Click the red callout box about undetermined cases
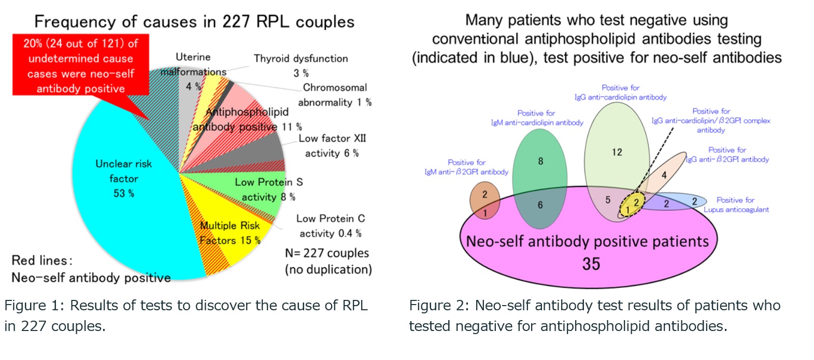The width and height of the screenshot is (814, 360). click(81, 65)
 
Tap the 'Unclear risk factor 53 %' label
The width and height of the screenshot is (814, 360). click(123, 178)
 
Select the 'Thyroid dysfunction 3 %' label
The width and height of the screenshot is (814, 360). click(301, 66)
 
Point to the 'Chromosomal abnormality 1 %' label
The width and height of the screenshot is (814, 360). click(335, 95)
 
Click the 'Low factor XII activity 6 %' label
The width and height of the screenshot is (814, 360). click(332, 146)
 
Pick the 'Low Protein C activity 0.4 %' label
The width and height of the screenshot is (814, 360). click(331, 226)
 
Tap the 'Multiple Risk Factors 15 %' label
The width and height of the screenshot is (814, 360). click(230, 233)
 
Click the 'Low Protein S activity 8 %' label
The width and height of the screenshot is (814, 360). click(268, 189)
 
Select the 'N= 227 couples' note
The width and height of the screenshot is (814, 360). click(327, 253)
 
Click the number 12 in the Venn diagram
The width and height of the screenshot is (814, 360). click(617, 152)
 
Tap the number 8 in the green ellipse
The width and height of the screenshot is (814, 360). click(541, 161)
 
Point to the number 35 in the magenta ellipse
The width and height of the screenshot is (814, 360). click(591, 264)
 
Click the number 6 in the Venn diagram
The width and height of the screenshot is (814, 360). click(540, 205)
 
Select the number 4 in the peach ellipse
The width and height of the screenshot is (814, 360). click(664, 176)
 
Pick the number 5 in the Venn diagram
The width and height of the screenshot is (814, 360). click(608, 200)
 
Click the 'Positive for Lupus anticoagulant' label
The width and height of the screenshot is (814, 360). click(736, 205)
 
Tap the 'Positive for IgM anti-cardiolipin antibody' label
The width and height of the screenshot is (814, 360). click(537, 118)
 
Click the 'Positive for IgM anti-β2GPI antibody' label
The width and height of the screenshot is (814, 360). click(467, 167)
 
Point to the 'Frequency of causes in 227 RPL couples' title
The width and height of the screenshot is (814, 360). click(194, 22)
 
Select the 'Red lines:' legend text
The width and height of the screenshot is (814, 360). click(42, 261)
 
